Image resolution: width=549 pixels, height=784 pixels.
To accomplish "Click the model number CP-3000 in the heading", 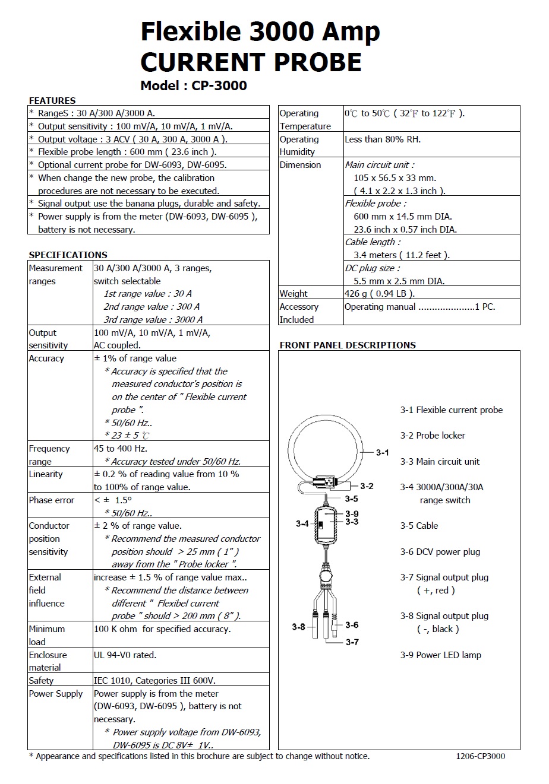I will [219, 85].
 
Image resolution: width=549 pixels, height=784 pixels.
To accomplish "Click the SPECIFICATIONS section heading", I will [68, 255].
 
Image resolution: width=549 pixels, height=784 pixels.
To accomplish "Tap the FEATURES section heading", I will [52, 100].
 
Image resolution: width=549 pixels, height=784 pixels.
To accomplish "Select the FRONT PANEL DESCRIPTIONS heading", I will [348, 345].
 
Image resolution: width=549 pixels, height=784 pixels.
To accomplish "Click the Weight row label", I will [294, 294].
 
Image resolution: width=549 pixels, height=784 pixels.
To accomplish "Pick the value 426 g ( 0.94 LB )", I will [379, 294].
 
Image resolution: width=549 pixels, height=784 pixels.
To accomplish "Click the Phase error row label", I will [52, 500].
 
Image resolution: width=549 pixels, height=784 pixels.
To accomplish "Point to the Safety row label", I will [41, 681].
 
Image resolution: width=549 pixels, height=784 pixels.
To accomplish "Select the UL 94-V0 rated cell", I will [125, 655].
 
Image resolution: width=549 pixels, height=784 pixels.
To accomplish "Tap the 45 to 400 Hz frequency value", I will [121, 449].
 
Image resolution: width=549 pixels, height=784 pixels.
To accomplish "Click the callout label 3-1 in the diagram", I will [382, 453].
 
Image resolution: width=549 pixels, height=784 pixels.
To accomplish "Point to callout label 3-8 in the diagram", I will [298, 627].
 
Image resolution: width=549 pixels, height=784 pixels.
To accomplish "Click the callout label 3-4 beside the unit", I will [302, 523].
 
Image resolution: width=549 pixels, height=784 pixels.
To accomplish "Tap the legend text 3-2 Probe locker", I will [433, 436].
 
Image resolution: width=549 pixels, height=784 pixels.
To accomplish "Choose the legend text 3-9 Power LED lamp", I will [440, 655].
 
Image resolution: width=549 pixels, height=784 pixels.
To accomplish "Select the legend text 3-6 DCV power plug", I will [440, 552].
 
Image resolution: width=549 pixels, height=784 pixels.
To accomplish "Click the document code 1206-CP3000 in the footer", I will [480, 756].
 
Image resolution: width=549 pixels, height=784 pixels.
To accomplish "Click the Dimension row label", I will [300, 165].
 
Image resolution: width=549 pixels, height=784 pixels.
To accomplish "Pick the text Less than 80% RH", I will [383, 139].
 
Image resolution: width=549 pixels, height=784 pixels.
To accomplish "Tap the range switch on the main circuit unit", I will [321, 526].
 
